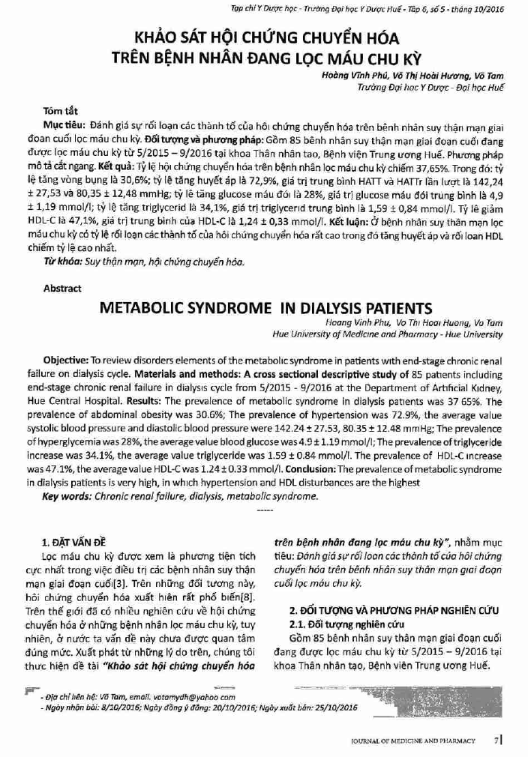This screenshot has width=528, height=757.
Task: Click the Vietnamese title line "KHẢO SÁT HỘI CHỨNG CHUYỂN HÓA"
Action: point(266,37)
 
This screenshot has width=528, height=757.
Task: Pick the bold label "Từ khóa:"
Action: point(60,263)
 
